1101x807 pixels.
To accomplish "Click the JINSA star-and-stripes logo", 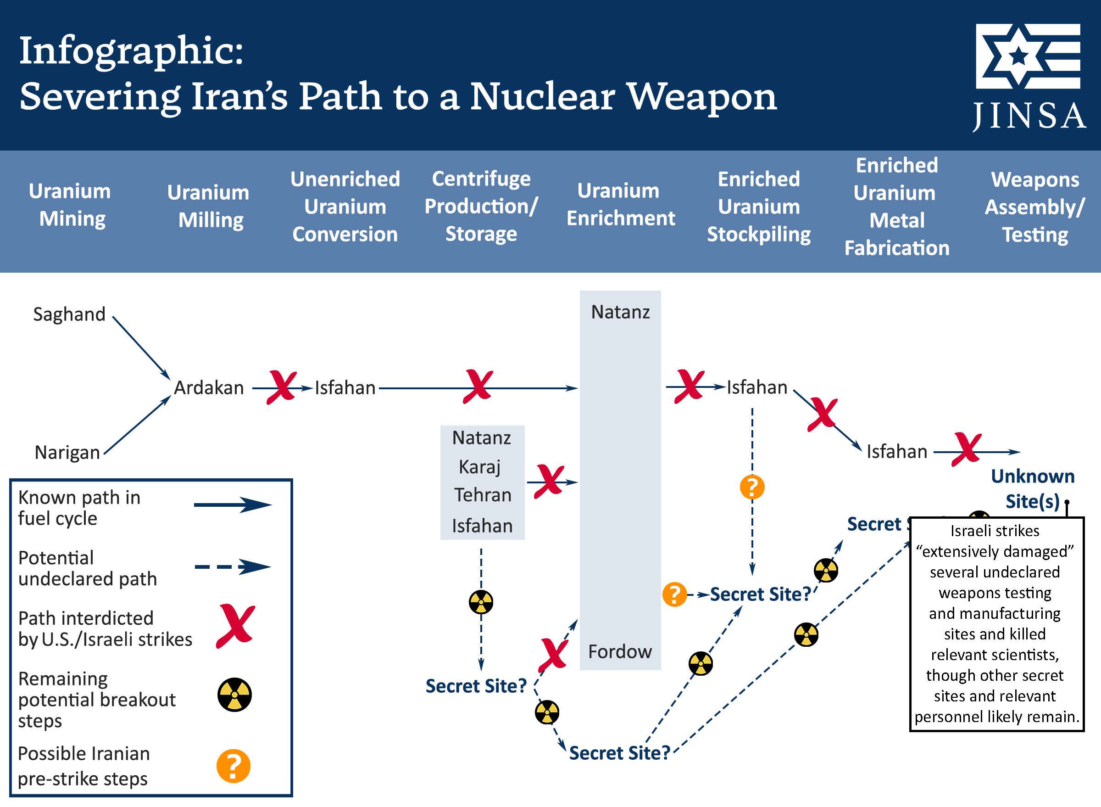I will (x=1028, y=56).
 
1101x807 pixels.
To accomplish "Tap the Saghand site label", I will (x=69, y=314).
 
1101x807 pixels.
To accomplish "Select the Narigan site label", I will (x=67, y=452).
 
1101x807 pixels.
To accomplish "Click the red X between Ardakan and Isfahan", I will (x=282, y=387).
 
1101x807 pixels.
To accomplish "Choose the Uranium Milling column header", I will (x=208, y=206).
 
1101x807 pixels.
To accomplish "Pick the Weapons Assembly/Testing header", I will (x=1034, y=207).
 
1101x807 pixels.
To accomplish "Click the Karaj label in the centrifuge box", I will (x=480, y=467).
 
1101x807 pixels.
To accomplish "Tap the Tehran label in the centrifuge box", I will (x=483, y=495).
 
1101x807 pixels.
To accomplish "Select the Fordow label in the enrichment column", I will (x=620, y=652).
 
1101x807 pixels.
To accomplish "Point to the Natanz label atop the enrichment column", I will (x=620, y=312).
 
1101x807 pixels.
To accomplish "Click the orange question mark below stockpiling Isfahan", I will (x=752, y=487).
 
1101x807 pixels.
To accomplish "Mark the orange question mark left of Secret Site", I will (x=674, y=594).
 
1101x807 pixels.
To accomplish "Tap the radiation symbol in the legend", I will (x=234, y=695).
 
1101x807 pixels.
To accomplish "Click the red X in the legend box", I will (x=236, y=625).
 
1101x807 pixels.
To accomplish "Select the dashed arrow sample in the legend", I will (x=233, y=567).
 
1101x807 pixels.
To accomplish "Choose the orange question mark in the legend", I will (x=234, y=766).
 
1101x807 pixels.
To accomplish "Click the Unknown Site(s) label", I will (x=1032, y=488).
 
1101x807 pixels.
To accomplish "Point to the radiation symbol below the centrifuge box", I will (x=481, y=602).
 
